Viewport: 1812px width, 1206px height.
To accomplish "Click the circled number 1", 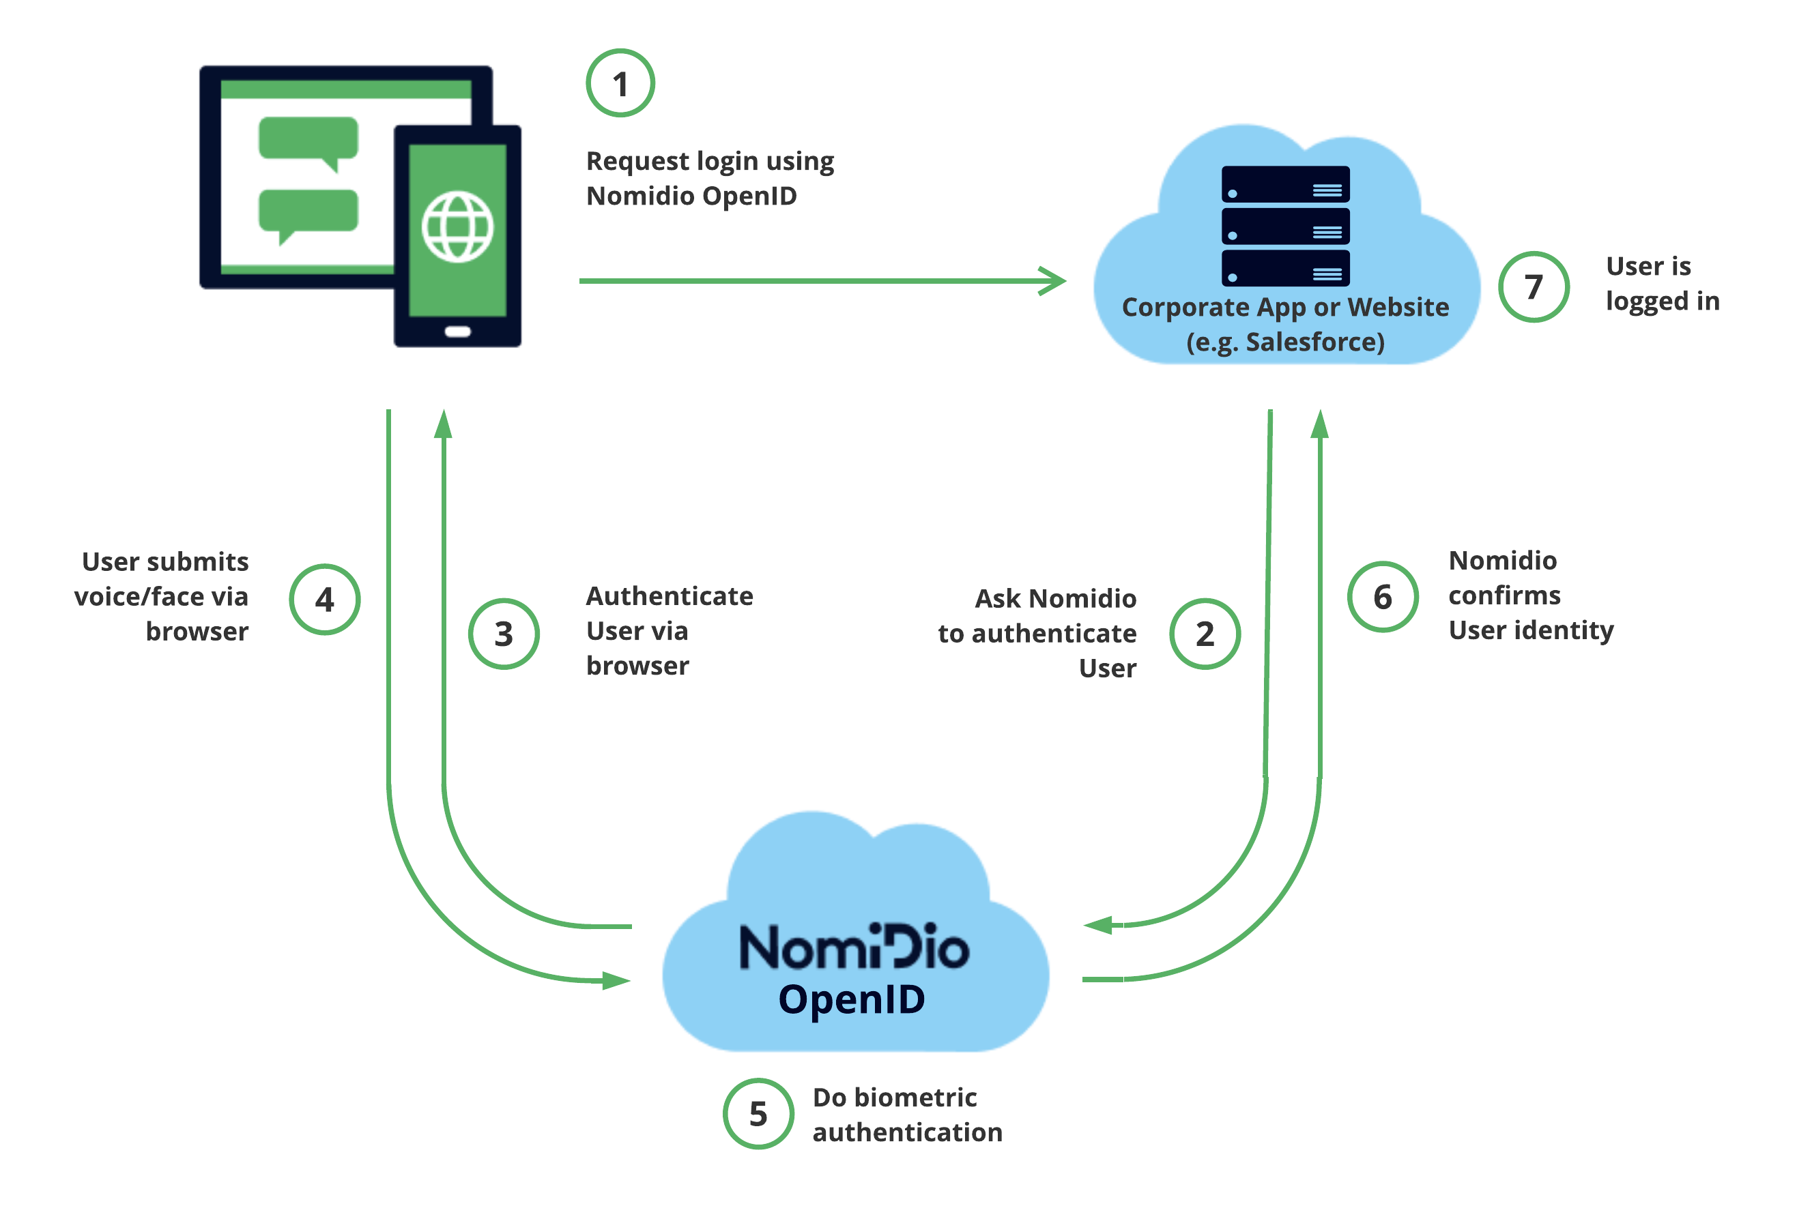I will (x=620, y=83).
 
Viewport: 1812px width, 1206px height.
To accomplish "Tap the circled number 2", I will (x=1204, y=634).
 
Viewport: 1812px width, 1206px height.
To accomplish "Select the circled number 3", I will (x=503, y=634).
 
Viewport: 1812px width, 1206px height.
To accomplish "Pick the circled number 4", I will (x=324, y=599).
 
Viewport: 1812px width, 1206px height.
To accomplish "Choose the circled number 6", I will (x=1382, y=597).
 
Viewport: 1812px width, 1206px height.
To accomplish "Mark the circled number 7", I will (x=1533, y=287).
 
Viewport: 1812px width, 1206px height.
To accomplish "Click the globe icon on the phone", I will (x=457, y=227).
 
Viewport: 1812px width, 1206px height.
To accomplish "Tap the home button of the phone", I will (x=457, y=332).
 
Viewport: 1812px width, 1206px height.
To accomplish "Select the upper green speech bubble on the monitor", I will (x=308, y=139).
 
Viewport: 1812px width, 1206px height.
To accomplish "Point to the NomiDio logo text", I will (x=853, y=947).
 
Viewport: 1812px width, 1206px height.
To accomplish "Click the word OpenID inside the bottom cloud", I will (x=851, y=999).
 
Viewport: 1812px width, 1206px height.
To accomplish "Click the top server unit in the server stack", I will (x=1284, y=185).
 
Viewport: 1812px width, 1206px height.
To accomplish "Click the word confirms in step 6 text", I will (x=1504, y=595).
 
